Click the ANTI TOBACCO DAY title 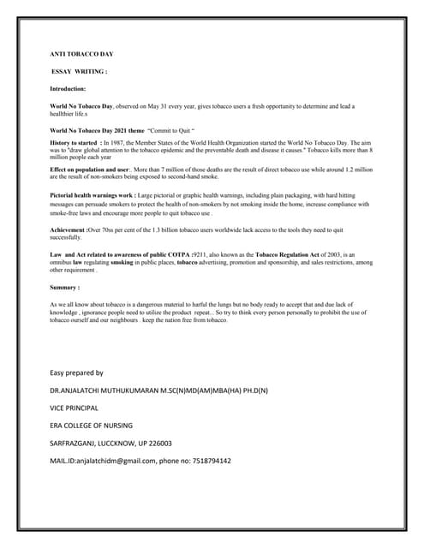point(81,54)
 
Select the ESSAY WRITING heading point(80,71)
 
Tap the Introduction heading point(68,88)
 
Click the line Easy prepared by point(76,372)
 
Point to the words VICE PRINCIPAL point(75,408)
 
